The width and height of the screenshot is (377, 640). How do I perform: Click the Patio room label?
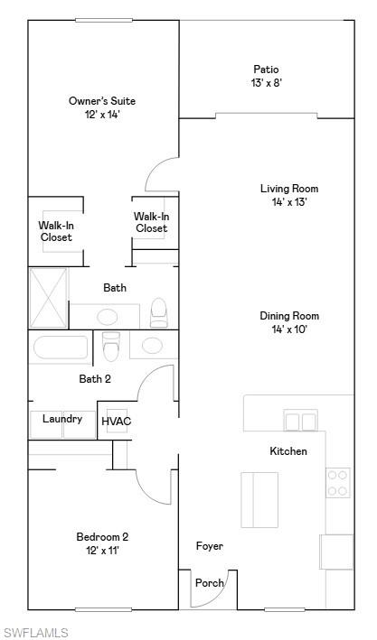click(266, 70)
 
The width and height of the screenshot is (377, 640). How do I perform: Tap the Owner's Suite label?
click(102, 101)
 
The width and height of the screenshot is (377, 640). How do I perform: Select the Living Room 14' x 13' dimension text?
click(289, 202)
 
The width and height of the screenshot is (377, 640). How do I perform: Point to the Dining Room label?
click(289, 316)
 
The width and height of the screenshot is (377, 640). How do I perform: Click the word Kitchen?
click(288, 450)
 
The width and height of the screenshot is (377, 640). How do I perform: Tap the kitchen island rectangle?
click(259, 499)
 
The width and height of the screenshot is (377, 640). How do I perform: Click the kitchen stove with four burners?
click(338, 483)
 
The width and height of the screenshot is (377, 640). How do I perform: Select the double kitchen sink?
click(301, 421)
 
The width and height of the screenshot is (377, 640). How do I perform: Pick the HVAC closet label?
click(116, 421)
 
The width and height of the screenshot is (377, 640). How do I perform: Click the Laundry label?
click(62, 419)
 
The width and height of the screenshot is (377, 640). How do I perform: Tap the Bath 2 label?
click(95, 379)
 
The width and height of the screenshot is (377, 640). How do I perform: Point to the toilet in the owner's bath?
click(159, 312)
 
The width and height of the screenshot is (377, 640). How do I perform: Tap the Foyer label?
click(210, 546)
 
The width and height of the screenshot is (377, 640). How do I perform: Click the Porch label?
click(210, 583)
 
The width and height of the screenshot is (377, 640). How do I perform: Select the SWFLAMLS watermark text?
click(35, 632)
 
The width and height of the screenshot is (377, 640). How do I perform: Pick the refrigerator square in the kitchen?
click(335, 552)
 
